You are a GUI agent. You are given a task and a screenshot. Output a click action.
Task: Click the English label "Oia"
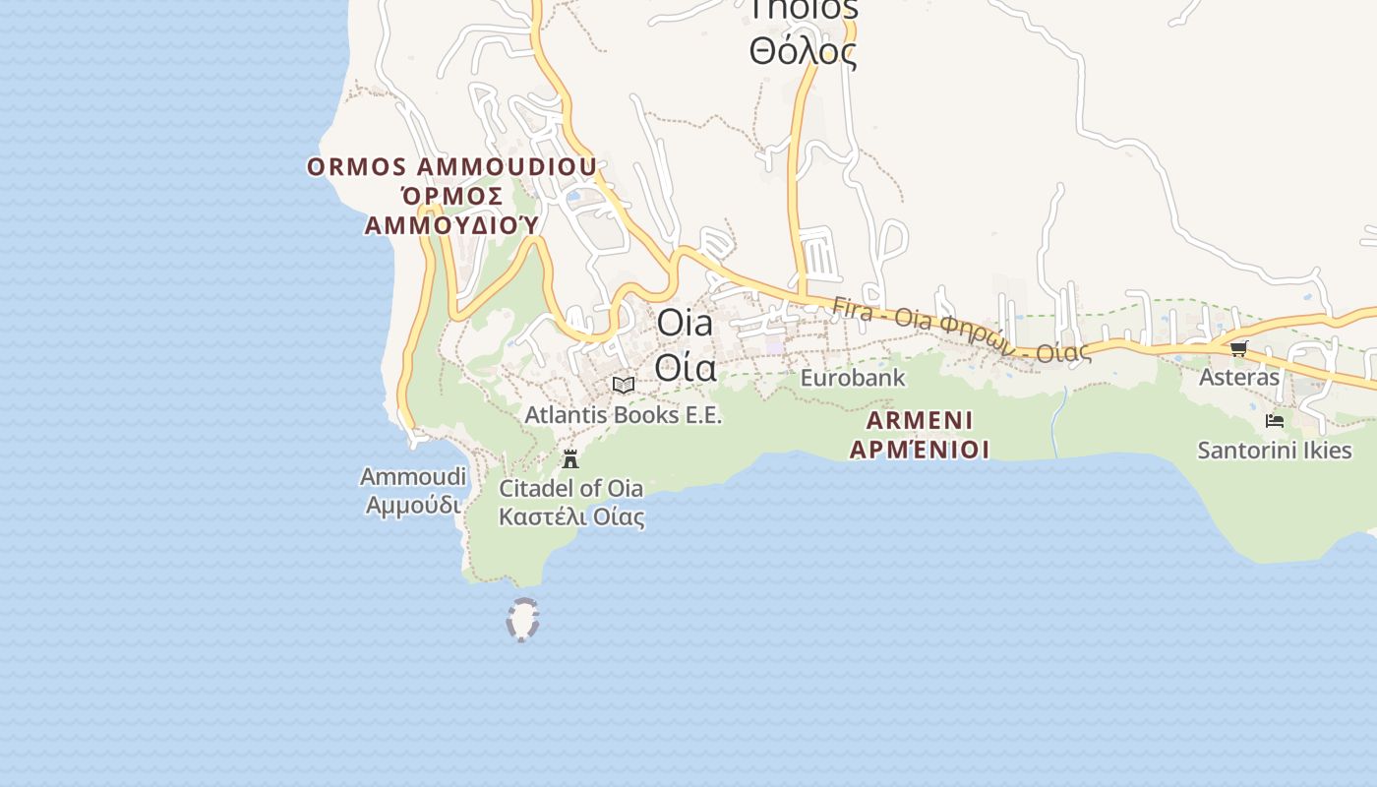[x=685, y=323]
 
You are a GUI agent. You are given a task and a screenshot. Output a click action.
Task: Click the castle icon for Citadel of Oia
[x=569, y=458]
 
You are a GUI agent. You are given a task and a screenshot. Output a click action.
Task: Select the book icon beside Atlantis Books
[x=623, y=385]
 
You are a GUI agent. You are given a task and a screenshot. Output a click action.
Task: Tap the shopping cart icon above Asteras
[x=1238, y=348]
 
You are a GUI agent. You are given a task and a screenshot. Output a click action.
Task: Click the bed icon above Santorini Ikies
[x=1275, y=421]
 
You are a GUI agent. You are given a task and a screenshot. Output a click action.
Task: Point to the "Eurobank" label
[x=852, y=378]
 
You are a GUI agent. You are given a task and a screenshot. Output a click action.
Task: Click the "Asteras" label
[x=1238, y=377]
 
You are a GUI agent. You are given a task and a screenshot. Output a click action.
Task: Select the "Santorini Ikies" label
[x=1274, y=451]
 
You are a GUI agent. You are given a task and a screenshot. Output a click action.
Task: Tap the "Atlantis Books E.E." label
[x=623, y=415]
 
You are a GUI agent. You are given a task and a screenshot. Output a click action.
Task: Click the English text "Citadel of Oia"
[x=570, y=488]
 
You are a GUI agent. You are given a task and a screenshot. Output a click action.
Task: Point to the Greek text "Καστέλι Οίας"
[x=570, y=516]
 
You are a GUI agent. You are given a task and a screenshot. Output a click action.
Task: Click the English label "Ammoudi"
[x=412, y=477]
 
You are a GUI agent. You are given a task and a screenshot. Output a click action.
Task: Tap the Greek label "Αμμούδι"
[x=412, y=505]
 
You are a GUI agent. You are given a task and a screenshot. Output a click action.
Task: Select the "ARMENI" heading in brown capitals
[x=919, y=421]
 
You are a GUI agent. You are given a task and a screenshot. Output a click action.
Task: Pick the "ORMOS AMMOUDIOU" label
[x=451, y=166]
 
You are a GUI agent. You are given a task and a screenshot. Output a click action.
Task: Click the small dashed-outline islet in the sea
[x=522, y=620]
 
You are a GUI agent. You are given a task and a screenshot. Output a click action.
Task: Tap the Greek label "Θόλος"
[x=803, y=51]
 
